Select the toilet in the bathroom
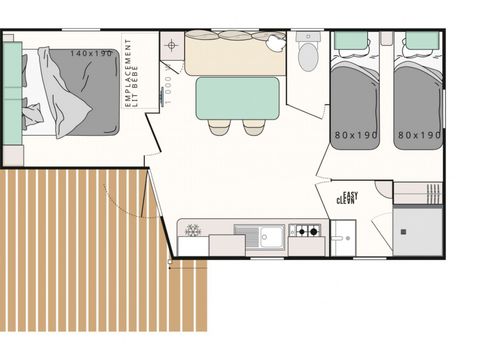click(x=308, y=55)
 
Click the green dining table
click(x=237, y=98)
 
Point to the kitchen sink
click(x=269, y=236)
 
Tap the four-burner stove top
click(x=306, y=232)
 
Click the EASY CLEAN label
click(x=346, y=198)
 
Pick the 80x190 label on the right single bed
click(x=418, y=134)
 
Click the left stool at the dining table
click(x=219, y=127)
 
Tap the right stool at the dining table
click(x=254, y=127)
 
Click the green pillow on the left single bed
click(x=351, y=41)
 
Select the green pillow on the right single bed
click(x=422, y=41)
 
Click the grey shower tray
click(x=418, y=230)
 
